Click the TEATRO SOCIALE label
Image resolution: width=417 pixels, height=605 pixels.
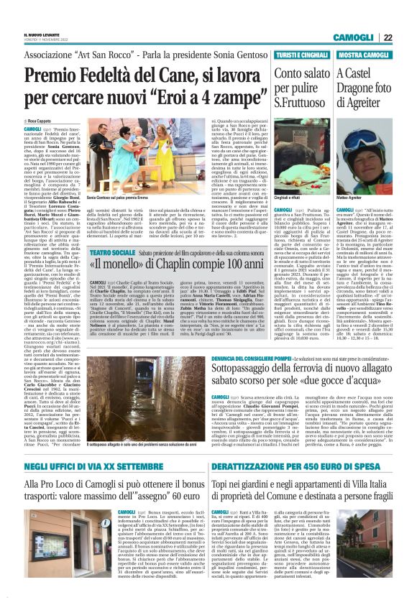(109, 254)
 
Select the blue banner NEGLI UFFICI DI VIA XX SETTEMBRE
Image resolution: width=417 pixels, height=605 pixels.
(96, 467)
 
